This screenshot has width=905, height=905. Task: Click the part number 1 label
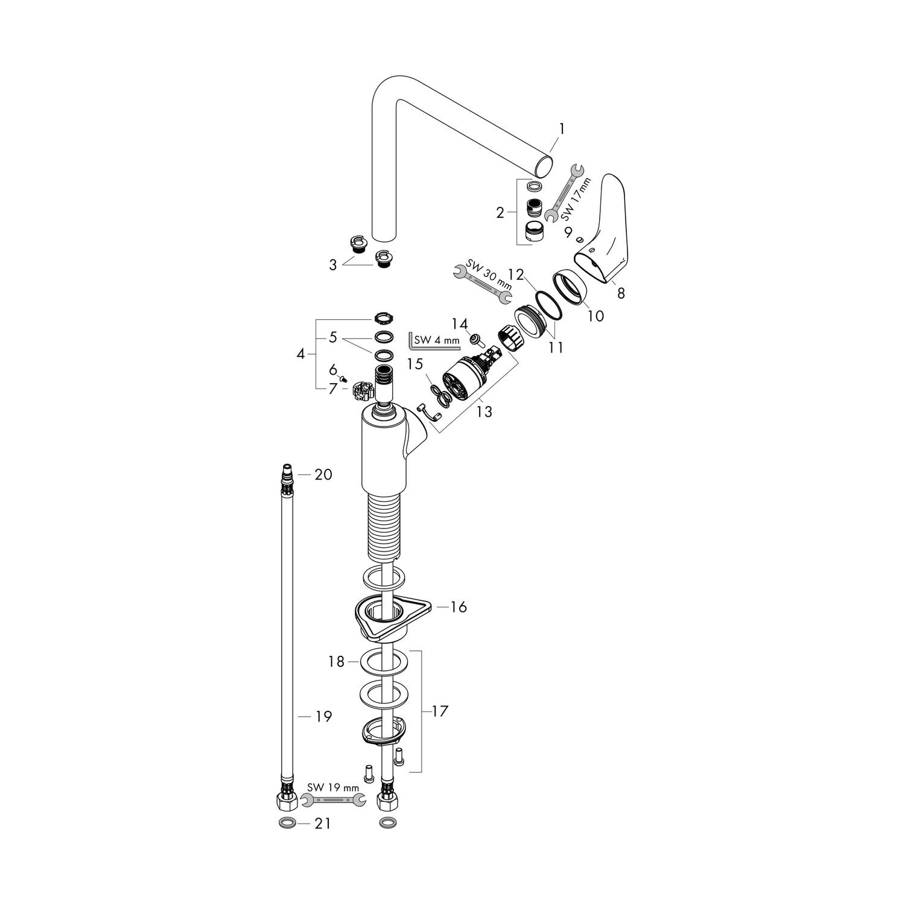coord(562,129)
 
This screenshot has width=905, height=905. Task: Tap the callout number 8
coord(621,294)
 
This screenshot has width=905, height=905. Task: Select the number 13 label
coord(484,411)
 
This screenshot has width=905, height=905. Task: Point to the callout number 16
coord(459,606)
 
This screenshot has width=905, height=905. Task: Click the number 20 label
coord(323,475)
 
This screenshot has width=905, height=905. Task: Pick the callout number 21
coord(323,823)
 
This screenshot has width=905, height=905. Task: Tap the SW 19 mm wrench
coord(333,800)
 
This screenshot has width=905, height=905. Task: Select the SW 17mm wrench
coord(562,192)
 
